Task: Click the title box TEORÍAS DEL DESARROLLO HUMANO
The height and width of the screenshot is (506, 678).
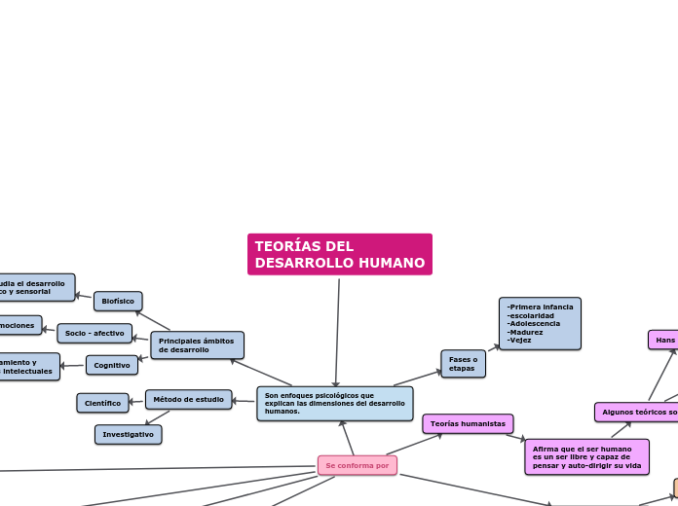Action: (340, 254)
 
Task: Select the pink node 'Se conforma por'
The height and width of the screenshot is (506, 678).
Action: (357, 465)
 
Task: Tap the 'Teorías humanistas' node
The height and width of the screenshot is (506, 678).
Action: (468, 424)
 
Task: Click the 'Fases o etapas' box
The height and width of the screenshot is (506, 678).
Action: (463, 364)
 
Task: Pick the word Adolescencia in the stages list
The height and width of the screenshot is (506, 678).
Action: (535, 323)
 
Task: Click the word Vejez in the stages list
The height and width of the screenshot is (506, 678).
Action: (520, 341)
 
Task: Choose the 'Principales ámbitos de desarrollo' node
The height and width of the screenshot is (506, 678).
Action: (197, 345)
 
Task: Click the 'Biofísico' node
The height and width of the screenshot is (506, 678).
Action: (118, 302)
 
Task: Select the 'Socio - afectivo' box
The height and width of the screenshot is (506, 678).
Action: (94, 333)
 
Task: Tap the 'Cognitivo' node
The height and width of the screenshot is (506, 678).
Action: (112, 365)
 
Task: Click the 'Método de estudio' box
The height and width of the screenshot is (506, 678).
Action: (189, 399)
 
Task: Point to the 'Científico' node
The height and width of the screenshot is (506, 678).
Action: (102, 403)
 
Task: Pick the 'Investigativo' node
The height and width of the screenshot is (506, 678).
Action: (129, 434)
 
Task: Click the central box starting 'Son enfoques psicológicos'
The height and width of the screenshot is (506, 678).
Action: (334, 403)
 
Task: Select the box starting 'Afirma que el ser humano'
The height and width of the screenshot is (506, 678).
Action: (586, 456)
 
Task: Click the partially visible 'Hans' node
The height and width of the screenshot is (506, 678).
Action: (664, 340)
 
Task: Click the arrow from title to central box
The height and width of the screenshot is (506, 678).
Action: (337, 331)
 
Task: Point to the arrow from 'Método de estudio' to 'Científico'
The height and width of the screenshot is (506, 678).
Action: (137, 401)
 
